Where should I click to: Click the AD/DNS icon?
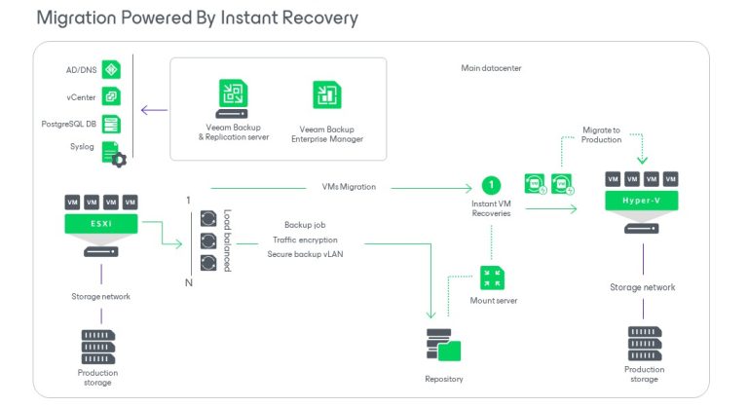tap(112, 70)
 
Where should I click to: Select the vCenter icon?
tap(112, 97)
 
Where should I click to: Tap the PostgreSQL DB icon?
tap(112, 124)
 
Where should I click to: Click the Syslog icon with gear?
tap(114, 154)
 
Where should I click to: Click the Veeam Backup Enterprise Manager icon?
tap(327, 95)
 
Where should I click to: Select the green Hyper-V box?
tap(642, 201)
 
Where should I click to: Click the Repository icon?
tap(443, 346)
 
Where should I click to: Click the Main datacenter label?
tap(492, 68)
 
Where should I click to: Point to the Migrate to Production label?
tap(601, 135)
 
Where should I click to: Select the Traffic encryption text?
tap(305, 240)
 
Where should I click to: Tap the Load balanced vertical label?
tap(229, 240)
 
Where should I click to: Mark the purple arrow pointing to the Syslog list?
tap(154, 110)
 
